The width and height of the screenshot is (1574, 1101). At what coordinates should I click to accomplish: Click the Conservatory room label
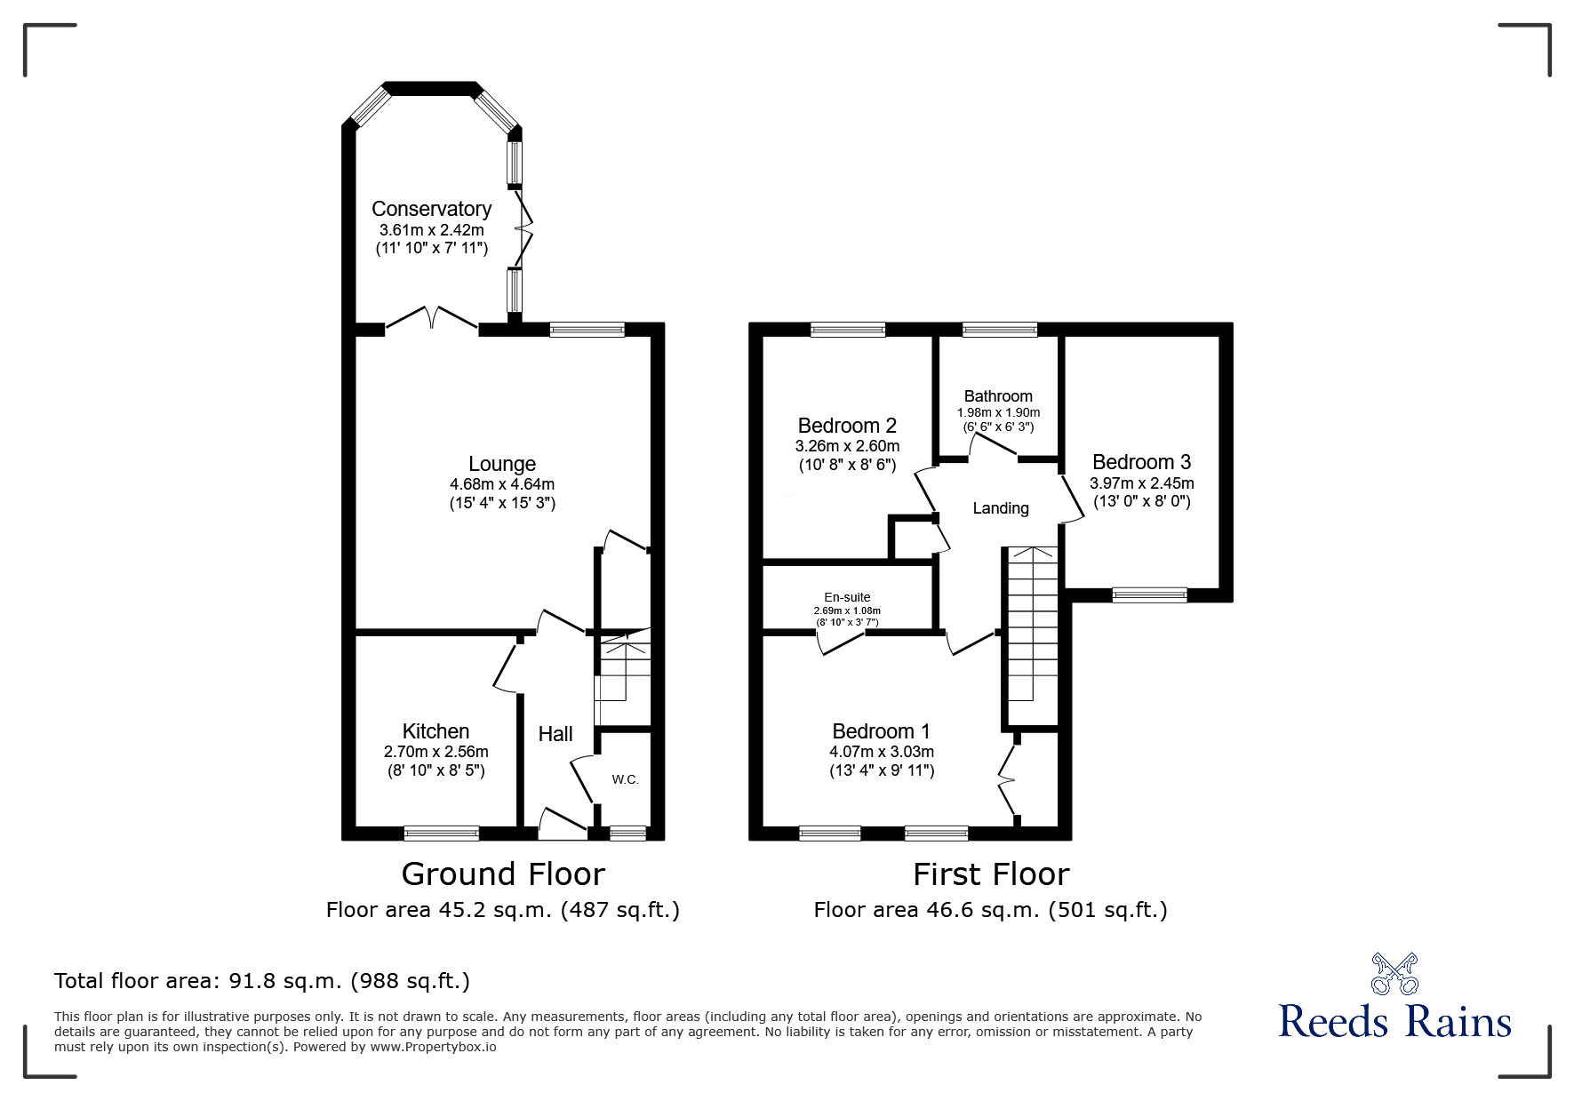[x=431, y=209]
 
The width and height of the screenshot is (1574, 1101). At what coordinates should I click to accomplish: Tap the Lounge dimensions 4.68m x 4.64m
[x=502, y=484]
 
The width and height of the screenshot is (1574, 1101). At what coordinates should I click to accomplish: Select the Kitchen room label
[x=435, y=731]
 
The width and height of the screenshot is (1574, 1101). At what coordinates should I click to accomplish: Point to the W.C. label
[x=625, y=779]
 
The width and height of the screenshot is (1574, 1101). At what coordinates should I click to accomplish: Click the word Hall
[x=555, y=734]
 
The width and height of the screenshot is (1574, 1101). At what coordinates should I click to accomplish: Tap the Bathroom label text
[x=998, y=396]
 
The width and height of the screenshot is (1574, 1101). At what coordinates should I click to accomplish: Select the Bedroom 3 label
[x=1141, y=462]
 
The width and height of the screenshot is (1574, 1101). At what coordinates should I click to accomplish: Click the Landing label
[x=1001, y=508]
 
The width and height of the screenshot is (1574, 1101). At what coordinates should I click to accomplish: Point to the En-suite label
[x=847, y=597]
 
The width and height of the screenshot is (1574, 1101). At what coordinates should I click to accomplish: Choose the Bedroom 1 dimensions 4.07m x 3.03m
[x=881, y=752]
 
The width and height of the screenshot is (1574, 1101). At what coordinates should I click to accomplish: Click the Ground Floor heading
[x=503, y=874]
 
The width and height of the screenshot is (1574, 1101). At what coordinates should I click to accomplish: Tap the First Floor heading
[x=991, y=874]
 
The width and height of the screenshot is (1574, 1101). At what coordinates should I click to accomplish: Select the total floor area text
[x=262, y=981]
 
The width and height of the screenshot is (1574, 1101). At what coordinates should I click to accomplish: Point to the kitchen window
[x=442, y=834]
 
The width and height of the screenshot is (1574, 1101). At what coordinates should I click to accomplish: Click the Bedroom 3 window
[x=1149, y=595]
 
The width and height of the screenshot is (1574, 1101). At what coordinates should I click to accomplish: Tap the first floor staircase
[x=1031, y=635]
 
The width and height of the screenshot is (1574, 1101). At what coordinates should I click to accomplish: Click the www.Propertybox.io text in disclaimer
[x=433, y=1047]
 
